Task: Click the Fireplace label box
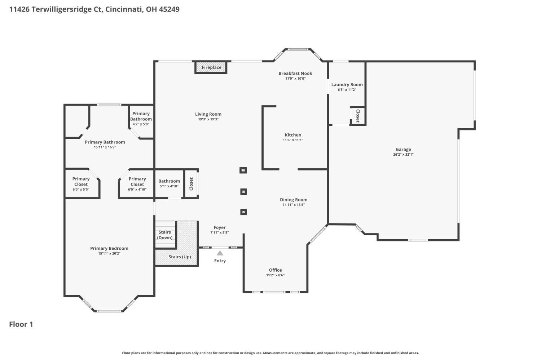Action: [x=211, y=67]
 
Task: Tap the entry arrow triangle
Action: [x=220, y=253]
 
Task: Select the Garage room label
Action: [x=403, y=149]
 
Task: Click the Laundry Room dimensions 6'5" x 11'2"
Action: [x=347, y=90]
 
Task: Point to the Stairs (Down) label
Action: [x=165, y=235]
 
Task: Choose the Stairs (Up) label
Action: [x=180, y=257]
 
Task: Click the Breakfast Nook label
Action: [x=295, y=74]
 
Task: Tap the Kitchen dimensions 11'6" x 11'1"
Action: [x=293, y=140]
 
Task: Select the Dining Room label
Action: [x=294, y=200]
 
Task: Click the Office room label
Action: [x=275, y=270]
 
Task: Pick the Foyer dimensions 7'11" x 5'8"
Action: [x=219, y=232]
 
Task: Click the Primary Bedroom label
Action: [x=109, y=248]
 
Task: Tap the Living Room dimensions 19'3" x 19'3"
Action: [x=208, y=119]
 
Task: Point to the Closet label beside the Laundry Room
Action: [x=358, y=116]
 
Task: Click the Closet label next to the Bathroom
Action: [x=191, y=184]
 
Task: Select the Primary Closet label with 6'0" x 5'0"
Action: [x=81, y=182]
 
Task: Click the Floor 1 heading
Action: [x=21, y=324]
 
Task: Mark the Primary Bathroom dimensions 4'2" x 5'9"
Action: [x=141, y=124]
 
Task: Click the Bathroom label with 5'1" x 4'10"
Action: [x=169, y=181]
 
